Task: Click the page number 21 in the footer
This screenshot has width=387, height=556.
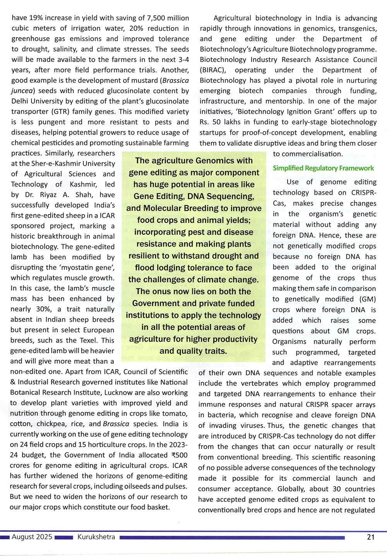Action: pos(371,537)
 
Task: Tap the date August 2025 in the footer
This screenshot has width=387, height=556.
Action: pos(32,537)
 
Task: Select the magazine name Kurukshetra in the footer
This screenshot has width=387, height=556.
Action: pos(96,537)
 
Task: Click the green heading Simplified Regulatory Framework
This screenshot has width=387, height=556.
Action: pos(323,168)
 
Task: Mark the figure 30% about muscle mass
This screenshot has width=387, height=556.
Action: pos(41,309)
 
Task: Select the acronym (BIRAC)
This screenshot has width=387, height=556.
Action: pos(212,70)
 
